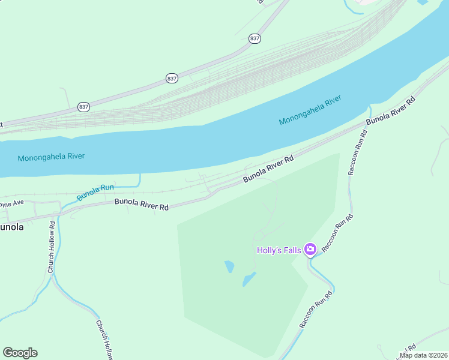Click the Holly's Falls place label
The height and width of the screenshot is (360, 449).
pos(279,250)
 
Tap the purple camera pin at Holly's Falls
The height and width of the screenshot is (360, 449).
pos(310,249)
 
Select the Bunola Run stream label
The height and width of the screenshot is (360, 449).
pos(95,192)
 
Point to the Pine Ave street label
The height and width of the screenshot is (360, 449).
pos(11,204)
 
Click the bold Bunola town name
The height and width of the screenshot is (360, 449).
pos(12,227)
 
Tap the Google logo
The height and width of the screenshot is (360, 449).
pos(20,353)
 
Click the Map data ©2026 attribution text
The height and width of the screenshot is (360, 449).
pos(423,355)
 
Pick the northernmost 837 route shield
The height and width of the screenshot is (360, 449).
pos(255,38)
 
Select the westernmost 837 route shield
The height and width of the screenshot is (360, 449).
pos(83,106)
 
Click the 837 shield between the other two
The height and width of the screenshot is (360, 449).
pos(172,78)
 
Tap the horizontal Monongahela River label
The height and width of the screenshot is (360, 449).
pos(51,157)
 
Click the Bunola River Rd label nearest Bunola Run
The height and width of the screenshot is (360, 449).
pos(142,205)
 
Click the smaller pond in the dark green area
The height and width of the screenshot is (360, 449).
pos(229,266)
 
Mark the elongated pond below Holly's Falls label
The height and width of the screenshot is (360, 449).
pos(249,279)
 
